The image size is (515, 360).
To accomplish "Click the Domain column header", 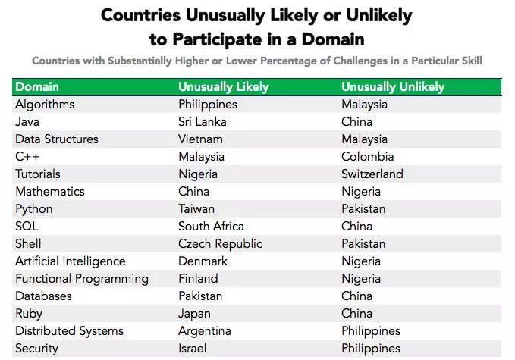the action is point(37,86).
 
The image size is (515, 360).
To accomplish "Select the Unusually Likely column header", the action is point(224,87).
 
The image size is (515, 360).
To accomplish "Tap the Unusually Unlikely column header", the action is point(393,87).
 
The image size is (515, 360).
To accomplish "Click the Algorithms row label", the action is point(45,105).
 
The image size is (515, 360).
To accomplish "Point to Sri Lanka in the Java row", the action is point(203,122).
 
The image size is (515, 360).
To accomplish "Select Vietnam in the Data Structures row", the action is point(200,139).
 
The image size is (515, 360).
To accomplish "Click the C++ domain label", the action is point(27,157).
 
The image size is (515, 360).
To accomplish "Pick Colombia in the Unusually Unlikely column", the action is point(368,157).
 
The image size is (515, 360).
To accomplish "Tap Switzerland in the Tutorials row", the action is point(372,174).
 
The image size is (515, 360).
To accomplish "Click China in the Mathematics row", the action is point(193,191).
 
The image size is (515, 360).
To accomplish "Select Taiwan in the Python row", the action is point(196,209).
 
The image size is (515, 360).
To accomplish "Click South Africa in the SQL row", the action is point(211,226).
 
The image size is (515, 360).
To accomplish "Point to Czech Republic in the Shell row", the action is point(221,244).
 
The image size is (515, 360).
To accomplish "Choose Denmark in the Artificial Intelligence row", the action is point(203,261).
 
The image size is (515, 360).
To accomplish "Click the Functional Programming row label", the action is point(82,279).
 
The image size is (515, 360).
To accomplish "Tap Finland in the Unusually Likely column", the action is point(198,279).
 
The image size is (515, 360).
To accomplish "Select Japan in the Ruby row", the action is point(194,314).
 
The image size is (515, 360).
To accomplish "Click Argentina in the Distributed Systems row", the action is point(205,331).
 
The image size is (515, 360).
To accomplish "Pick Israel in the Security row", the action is point(193,348).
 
